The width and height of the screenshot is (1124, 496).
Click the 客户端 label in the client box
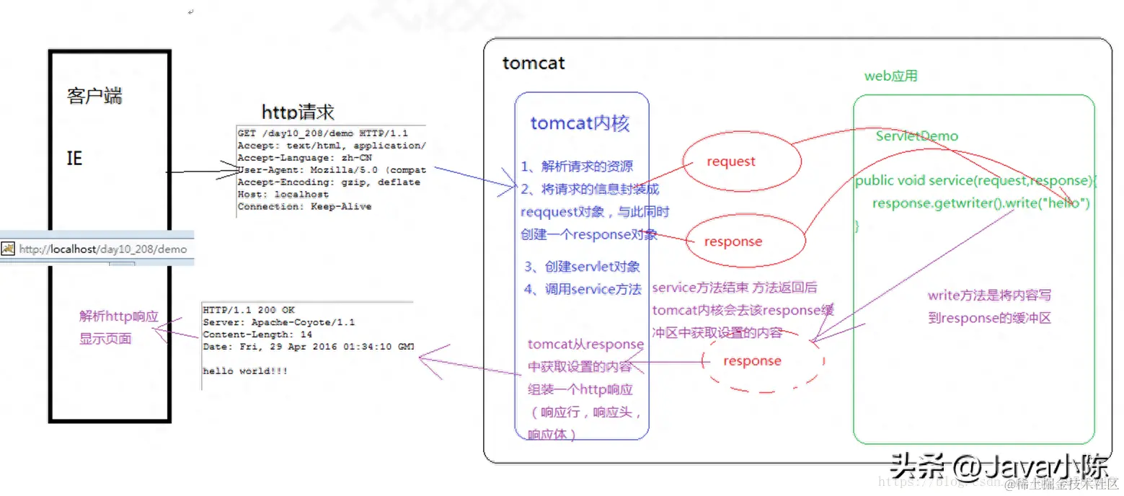tap(94, 97)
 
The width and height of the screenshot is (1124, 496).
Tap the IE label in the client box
tap(74, 158)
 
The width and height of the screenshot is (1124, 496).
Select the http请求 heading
tap(298, 112)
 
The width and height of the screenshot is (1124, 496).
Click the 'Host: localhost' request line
tap(283, 195)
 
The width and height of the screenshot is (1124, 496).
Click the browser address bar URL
tap(102, 249)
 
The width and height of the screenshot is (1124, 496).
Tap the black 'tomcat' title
tap(534, 63)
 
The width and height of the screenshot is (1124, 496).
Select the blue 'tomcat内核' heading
tap(580, 123)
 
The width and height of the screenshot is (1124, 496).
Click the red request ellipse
tap(731, 161)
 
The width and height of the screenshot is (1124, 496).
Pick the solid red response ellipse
tap(733, 242)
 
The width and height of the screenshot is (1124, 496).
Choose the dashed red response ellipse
tap(752, 360)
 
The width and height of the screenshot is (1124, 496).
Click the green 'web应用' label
tap(890, 76)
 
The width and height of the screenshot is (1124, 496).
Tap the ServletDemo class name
tap(916, 136)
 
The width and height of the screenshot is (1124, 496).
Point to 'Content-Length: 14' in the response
tap(257, 335)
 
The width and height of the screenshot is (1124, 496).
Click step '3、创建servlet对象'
tap(582, 267)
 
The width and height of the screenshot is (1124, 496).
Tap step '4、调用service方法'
tap(583, 290)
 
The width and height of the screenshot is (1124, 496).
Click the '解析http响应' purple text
tap(119, 316)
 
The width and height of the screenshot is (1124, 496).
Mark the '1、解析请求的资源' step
tap(577, 166)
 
